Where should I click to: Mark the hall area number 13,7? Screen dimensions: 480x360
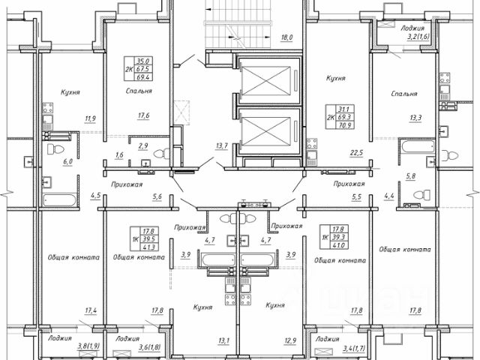point(221,145)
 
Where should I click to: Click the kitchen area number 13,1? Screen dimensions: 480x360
point(223,341)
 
